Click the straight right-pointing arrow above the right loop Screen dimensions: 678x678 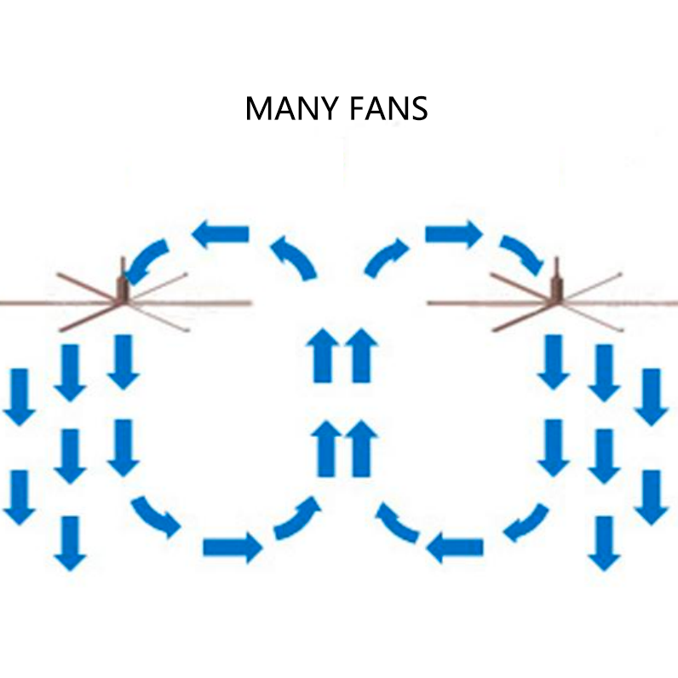coord(453,233)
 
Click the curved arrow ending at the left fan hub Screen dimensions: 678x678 coord(146,256)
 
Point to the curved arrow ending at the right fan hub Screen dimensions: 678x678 coord(522,253)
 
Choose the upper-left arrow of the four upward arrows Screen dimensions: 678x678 coord(323,354)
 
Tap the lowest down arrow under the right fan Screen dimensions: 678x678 coord(604,543)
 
